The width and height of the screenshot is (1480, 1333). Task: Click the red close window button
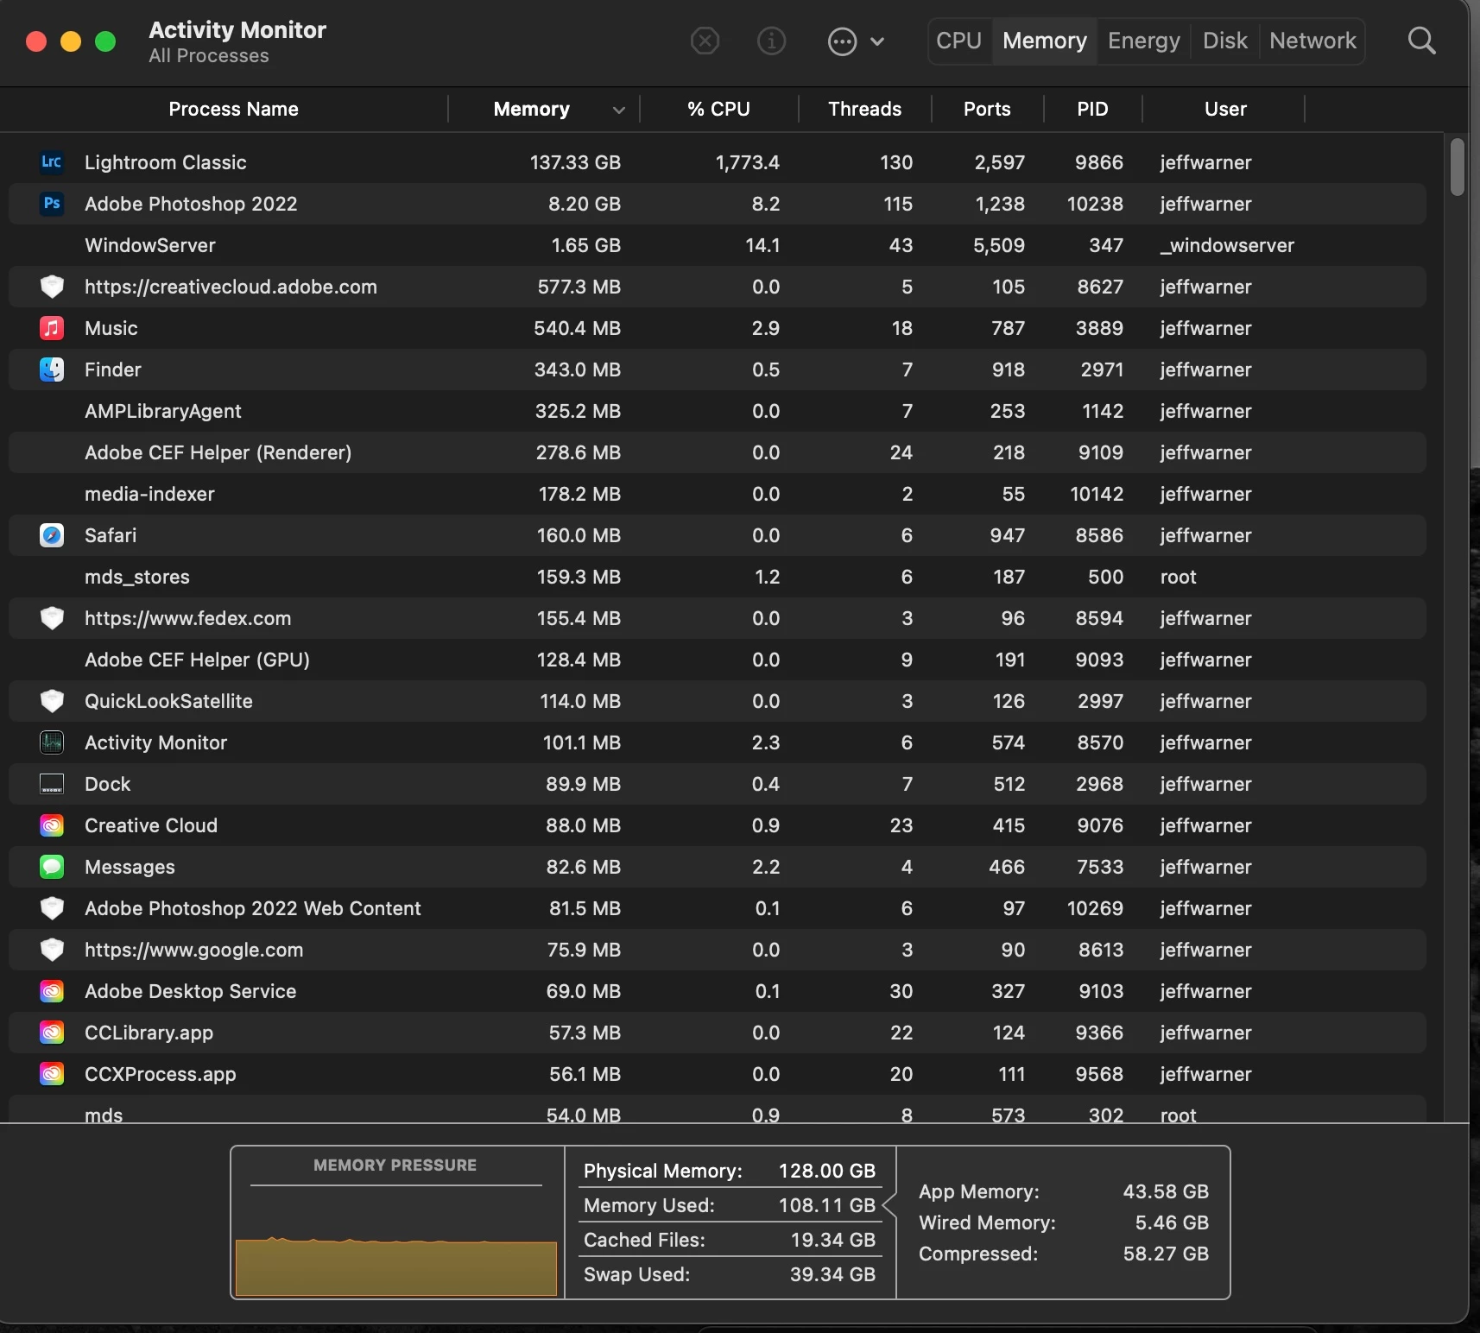(x=36, y=41)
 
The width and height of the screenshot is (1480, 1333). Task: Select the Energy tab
(x=1143, y=41)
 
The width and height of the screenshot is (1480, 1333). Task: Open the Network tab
(x=1312, y=41)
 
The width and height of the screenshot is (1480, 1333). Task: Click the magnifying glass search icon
(x=1421, y=41)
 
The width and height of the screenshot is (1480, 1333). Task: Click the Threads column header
(x=864, y=109)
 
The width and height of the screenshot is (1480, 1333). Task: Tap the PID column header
(x=1092, y=109)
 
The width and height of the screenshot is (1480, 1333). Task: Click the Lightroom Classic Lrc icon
(x=52, y=162)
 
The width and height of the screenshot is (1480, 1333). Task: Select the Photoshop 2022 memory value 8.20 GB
(x=584, y=204)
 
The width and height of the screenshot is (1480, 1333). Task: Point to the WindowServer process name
(x=150, y=245)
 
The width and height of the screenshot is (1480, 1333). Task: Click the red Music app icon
(x=52, y=328)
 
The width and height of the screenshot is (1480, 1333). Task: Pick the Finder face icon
(x=52, y=370)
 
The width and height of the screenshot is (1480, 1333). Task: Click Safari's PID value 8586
(x=1099, y=535)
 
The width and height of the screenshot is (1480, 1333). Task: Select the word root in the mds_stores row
(x=1179, y=577)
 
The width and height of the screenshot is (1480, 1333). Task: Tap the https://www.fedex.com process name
(x=187, y=618)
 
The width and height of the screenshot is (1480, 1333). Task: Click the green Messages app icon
(x=52, y=867)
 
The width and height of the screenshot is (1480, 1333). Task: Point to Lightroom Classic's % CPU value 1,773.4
(x=747, y=162)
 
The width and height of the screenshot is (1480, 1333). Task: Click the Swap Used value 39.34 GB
(x=832, y=1274)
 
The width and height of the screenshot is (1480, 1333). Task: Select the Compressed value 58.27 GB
(x=1166, y=1254)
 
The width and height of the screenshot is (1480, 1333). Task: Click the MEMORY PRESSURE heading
(x=395, y=1166)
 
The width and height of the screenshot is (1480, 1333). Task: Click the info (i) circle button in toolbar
(x=771, y=41)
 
